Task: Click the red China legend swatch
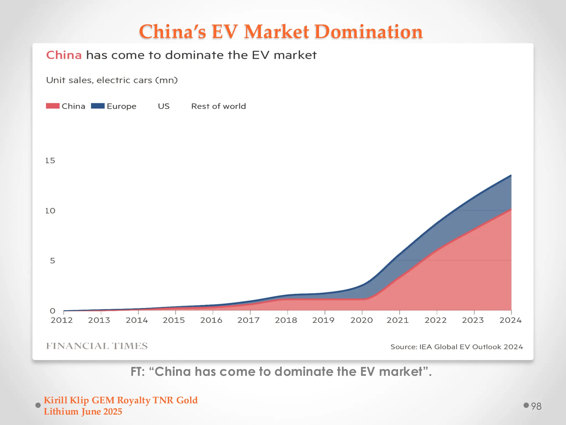53,106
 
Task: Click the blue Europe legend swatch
98,106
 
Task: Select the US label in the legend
164,106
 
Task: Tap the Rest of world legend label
218,106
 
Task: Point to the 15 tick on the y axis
50,160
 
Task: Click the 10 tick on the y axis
50,211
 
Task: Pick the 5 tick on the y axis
52,261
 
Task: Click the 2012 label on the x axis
62,320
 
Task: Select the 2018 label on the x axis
286,320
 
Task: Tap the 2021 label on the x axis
397,320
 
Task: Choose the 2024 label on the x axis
510,320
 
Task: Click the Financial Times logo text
97,346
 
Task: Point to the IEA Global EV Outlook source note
457,347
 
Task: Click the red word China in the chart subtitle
64,55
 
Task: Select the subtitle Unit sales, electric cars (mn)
112,80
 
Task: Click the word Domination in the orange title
368,32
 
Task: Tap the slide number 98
536,406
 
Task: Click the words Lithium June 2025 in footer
83,412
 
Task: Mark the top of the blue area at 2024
511,175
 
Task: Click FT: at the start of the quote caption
137,372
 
